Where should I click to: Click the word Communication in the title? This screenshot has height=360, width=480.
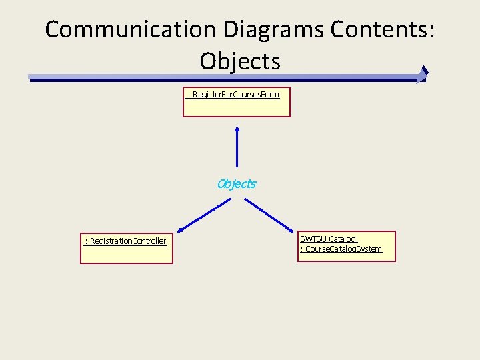(131, 29)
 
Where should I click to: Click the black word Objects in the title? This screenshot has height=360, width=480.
(240, 61)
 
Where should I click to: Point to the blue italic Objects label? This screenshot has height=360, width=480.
(237, 184)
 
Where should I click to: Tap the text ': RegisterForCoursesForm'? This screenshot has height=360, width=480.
(233, 95)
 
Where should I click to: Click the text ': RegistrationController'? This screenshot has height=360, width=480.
(125, 241)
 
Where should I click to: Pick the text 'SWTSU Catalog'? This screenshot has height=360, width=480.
(328, 239)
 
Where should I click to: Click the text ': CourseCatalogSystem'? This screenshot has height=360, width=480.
(341, 249)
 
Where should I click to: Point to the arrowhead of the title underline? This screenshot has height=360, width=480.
(422, 74)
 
